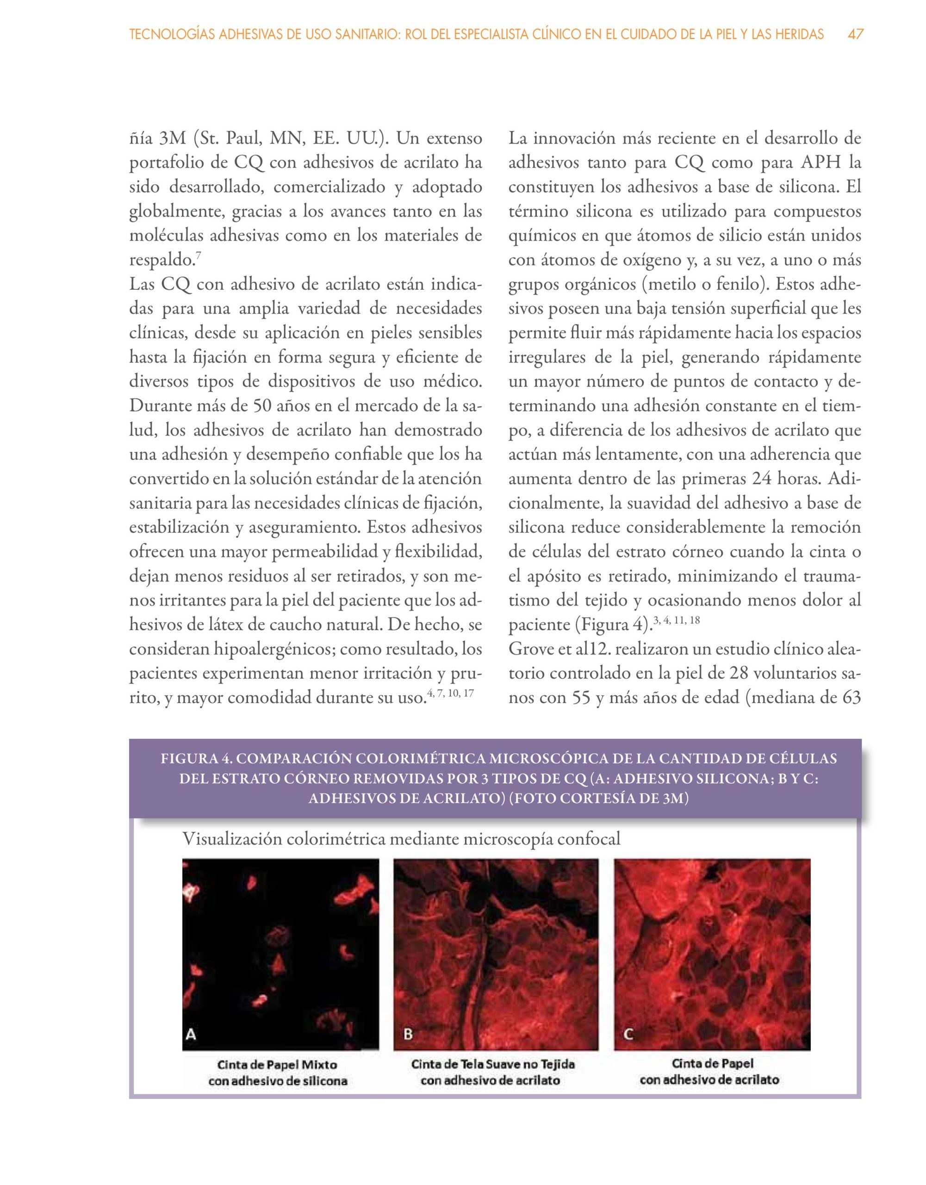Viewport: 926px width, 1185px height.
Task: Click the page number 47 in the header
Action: (856, 35)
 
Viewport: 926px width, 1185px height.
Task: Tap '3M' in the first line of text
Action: (173, 138)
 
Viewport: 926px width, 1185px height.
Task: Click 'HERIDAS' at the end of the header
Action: (799, 35)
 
